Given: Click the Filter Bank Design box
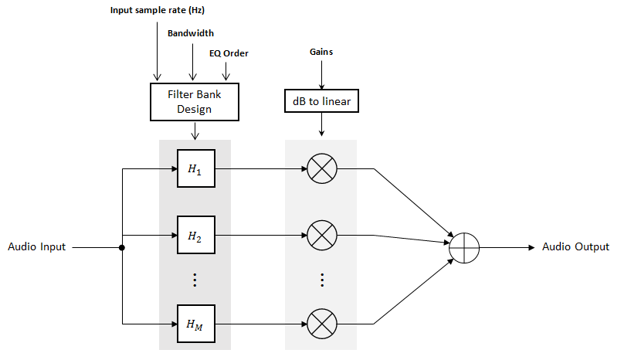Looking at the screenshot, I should click(194, 101).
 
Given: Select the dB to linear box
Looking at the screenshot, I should click(321, 101).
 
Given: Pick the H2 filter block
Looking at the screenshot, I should click(195, 235).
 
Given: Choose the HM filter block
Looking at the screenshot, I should click(195, 323).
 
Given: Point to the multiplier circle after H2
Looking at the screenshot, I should click(321, 235).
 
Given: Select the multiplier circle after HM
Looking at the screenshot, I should click(321, 323).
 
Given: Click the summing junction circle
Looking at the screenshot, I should click(465, 247).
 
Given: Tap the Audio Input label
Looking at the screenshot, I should click(37, 247).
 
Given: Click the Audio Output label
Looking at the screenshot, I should click(575, 247).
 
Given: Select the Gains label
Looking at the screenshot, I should click(321, 52).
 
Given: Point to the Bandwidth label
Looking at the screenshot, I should click(191, 33).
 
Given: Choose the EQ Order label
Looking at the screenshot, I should click(229, 53).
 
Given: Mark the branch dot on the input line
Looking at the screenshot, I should click(123, 248).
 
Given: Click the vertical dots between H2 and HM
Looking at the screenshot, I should click(195, 280).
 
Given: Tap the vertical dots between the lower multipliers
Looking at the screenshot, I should click(321, 280).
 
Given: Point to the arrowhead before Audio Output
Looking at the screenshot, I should click(531, 247).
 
